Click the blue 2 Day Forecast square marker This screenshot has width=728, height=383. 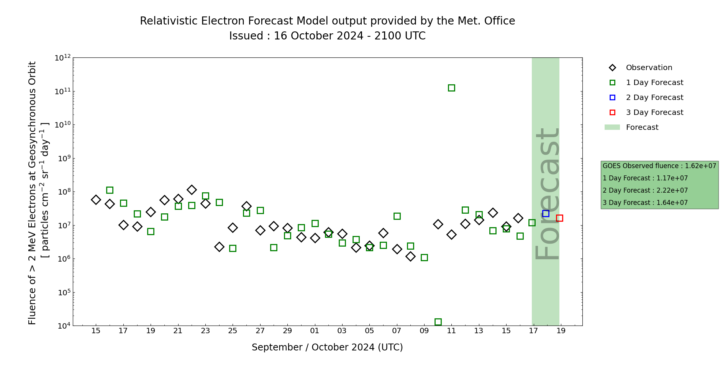click(x=546, y=213)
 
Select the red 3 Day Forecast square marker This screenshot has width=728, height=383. click(x=559, y=218)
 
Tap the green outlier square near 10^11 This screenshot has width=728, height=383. click(x=451, y=88)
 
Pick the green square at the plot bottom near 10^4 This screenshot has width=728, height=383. click(x=438, y=322)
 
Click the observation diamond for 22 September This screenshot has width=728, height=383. click(x=192, y=190)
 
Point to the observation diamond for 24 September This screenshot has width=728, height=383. click(x=219, y=247)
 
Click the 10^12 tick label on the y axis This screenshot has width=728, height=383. click(x=62, y=58)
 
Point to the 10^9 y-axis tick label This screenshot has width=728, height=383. click(x=62, y=159)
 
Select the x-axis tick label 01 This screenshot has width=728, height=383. click(x=315, y=331)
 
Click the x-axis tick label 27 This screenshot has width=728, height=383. click(x=260, y=331)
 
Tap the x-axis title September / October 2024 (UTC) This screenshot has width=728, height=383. click(x=327, y=347)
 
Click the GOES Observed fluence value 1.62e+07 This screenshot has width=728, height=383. click(x=700, y=166)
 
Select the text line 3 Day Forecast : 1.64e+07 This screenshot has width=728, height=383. click(x=645, y=203)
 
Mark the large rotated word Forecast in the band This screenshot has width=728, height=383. click(x=547, y=193)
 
